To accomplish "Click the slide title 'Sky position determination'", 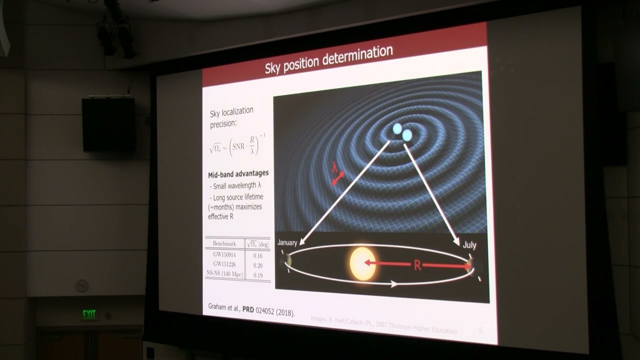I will pos(328,59).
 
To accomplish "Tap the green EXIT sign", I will pos(89,314).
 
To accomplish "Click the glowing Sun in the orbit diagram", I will pos(362,263).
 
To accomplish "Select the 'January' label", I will pos(287,242).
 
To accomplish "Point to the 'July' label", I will pos(469,245).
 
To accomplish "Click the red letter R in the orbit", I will pos(417,265).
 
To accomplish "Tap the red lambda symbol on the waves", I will pos(334,168).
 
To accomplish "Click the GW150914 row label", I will pos(224,254).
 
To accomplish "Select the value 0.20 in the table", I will pos(257,265).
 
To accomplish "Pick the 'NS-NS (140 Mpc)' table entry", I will pos(224,274).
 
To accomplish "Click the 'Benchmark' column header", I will pos(224,243).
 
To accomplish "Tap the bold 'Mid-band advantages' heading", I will pos(238,173).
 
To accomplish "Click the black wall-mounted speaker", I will pos(108,124).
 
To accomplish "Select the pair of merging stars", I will pos(402,132).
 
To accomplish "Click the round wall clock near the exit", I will pos(82,285).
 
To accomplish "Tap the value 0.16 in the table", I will pos(257,255).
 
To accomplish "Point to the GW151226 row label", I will pos(224,264).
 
